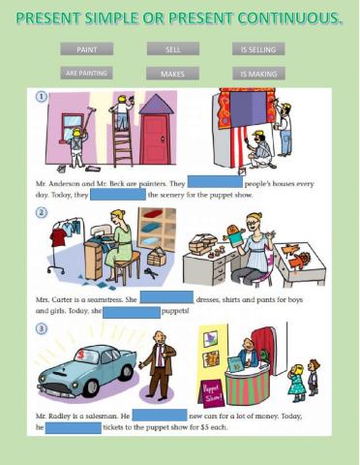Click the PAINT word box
point(86,49)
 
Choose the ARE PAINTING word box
point(86,73)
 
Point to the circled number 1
point(41,97)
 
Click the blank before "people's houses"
point(214,182)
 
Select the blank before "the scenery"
point(116,195)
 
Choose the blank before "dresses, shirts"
point(165,298)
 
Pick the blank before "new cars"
point(159,415)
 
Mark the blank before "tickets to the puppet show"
point(73,427)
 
